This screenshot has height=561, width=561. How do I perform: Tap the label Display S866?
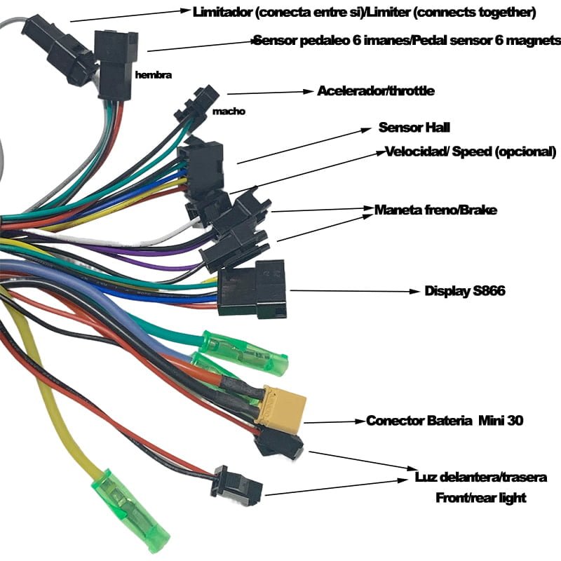click(465, 291)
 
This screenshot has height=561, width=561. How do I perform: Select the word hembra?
click(154, 73)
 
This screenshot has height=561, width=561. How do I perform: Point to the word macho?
click(229, 111)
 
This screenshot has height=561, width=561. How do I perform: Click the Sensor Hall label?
click(414, 128)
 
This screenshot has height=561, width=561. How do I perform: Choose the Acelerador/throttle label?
click(376, 91)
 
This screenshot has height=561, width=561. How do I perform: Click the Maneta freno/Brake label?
click(435, 210)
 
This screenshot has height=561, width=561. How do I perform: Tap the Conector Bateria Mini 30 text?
click(445, 421)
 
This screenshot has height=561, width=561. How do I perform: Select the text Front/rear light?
click(481, 498)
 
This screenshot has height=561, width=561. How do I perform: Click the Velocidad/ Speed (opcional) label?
click(471, 152)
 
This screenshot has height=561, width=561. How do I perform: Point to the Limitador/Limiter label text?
click(364, 12)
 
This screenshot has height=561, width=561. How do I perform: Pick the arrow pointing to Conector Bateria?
click(334, 422)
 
